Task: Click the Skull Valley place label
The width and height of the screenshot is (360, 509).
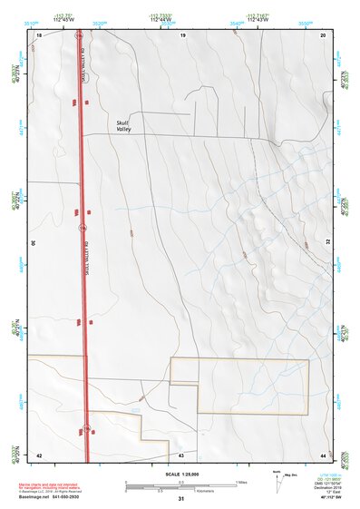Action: pos(124,126)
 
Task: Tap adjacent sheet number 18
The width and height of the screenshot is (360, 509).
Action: pos(39,34)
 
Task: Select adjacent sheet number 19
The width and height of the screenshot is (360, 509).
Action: pos(182,34)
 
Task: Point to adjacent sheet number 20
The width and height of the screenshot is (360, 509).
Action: pos(324,34)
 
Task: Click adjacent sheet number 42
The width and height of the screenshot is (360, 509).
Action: pos(38,454)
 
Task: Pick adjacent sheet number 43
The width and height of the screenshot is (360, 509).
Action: pos(181,454)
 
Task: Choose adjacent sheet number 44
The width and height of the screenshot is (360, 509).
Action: pos(324,454)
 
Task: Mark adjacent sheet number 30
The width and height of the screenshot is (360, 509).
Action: pos(33,243)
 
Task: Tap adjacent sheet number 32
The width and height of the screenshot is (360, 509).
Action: pos(328,243)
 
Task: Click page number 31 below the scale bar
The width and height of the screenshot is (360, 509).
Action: pos(181,498)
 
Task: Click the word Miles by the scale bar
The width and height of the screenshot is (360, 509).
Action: pos(242,481)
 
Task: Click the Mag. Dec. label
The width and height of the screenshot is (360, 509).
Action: pos(293,475)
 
